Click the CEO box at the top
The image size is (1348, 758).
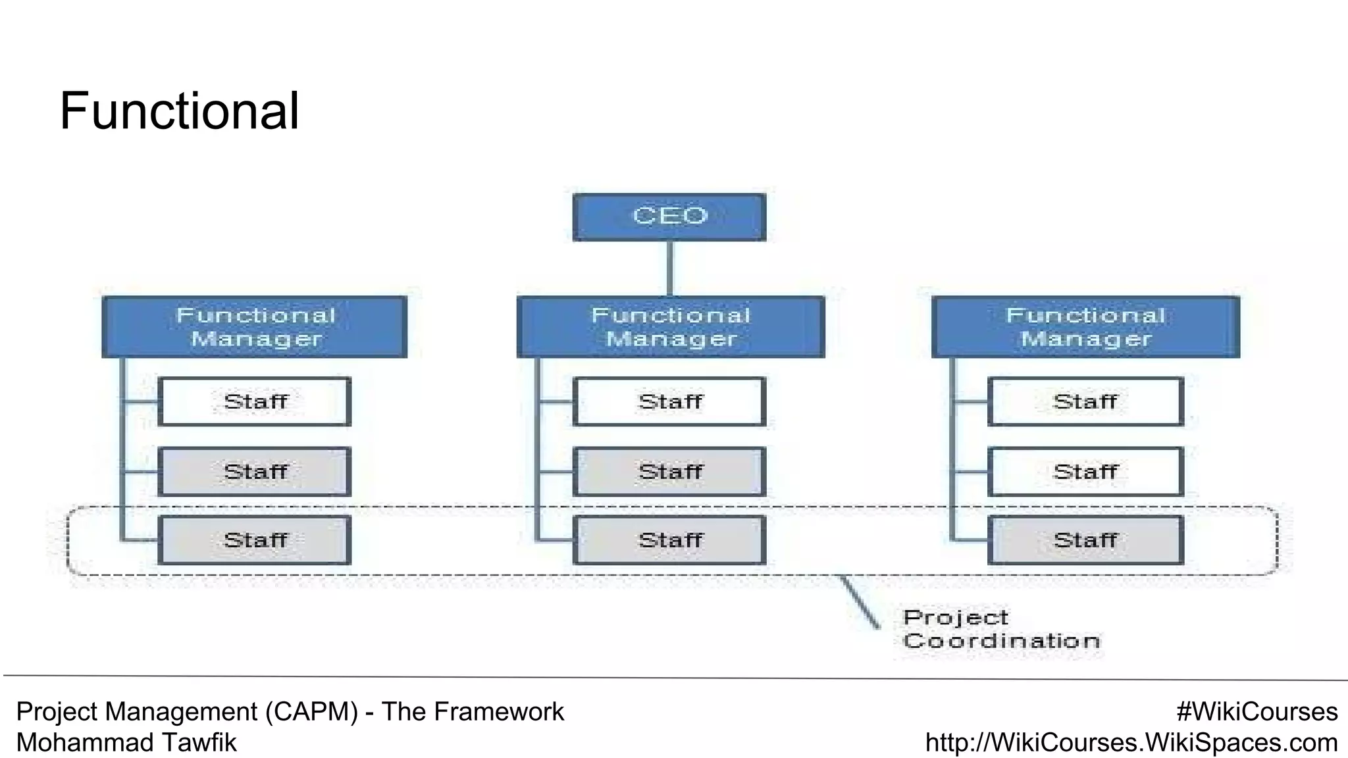(x=669, y=217)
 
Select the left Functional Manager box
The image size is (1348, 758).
(x=255, y=327)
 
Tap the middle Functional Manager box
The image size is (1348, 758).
(x=670, y=327)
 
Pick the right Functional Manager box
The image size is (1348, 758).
(x=1085, y=327)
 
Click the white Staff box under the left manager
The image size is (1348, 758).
(x=255, y=401)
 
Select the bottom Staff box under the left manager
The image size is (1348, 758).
(x=255, y=540)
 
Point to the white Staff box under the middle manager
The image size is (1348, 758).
(x=669, y=401)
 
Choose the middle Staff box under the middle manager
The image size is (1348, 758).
(x=669, y=472)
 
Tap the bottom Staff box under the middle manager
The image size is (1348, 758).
(x=669, y=540)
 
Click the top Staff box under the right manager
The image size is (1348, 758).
(x=1085, y=401)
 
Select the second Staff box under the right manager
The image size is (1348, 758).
(x=1085, y=472)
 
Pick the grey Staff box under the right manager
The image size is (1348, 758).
(x=1085, y=540)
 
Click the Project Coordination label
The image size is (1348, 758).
(x=1000, y=630)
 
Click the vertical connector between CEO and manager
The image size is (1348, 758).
(x=669, y=268)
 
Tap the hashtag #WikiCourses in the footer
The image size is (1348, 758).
(x=1257, y=712)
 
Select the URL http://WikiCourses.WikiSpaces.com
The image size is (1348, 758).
(x=1131, y=743)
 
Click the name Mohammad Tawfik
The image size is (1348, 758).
(x=126, y=743)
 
